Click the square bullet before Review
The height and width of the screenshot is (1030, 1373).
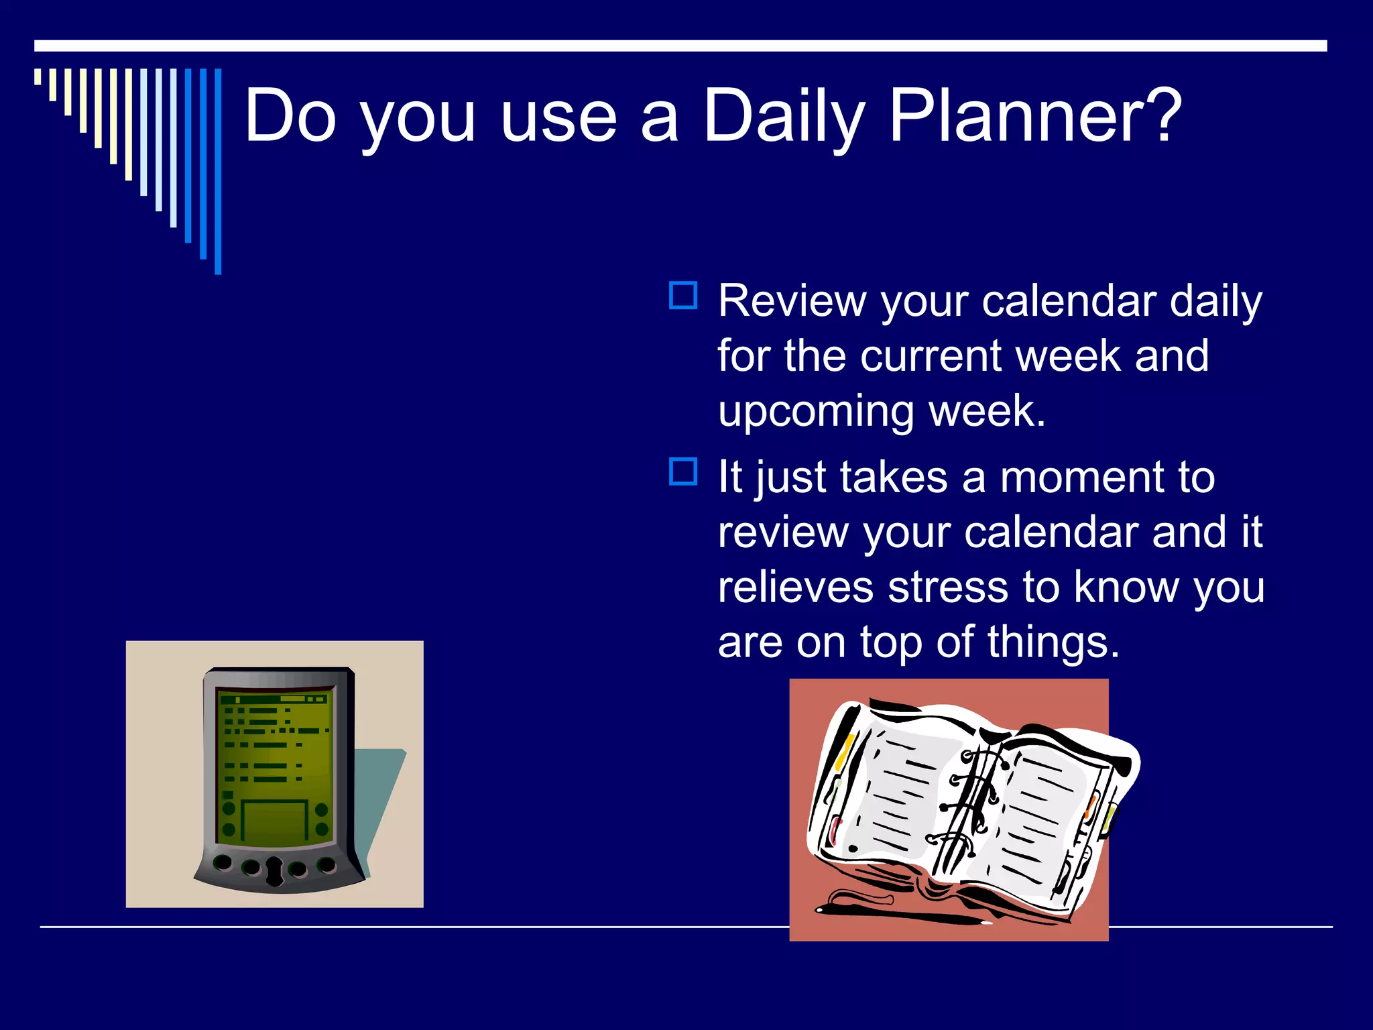[x=683, y=296]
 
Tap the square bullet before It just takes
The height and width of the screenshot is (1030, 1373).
[x=683, y=471]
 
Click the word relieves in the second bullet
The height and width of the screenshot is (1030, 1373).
[x=795, y=587]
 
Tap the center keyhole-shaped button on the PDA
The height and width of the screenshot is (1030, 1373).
[x=275, y=870]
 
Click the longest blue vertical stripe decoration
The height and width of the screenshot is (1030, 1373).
[x=218, y=171]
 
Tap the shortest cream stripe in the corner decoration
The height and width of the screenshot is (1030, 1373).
[x=38, y=77]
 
